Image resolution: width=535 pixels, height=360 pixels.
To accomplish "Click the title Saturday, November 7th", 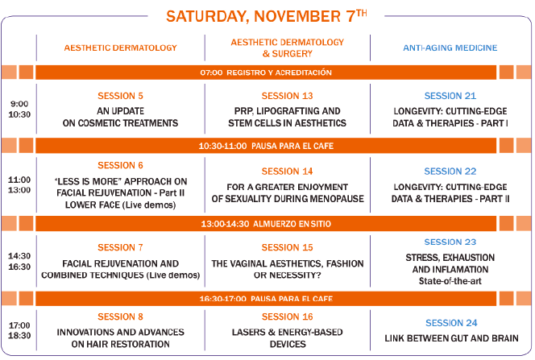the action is pos(267,15).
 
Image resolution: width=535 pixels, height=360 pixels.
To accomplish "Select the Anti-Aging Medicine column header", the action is pos(450,48).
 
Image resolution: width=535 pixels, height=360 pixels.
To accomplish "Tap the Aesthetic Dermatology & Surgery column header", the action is pos(288,48).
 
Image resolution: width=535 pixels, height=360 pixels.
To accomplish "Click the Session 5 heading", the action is pos(120,96).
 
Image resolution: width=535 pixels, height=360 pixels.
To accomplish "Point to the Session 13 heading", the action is pos(288,96).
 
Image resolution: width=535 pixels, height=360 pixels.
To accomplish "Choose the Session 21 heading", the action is pos(450,96).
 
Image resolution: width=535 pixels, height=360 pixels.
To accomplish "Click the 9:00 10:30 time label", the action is pos(19,109).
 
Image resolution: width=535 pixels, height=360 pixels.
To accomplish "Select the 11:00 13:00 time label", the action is pos(19,184).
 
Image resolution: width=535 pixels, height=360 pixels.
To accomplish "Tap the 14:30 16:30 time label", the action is pos(19,261).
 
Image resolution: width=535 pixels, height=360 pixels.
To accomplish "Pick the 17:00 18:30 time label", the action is pos(19,330).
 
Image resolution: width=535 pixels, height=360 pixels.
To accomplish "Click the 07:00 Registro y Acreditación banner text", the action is pos(266,72).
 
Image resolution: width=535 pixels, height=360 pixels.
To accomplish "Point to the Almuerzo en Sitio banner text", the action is pos(292,224).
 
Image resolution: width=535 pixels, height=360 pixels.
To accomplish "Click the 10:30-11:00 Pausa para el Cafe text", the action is pos(266,147).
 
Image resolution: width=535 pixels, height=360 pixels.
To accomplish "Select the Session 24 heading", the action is pos(451,323).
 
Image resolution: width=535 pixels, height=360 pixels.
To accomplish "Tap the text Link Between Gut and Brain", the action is pos(451,338).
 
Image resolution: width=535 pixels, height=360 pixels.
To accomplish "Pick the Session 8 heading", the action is pos(120,317).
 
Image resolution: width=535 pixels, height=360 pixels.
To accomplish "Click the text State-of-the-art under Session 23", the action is pos(450,281).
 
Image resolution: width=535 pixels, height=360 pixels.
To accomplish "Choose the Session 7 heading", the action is pos(120,247).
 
